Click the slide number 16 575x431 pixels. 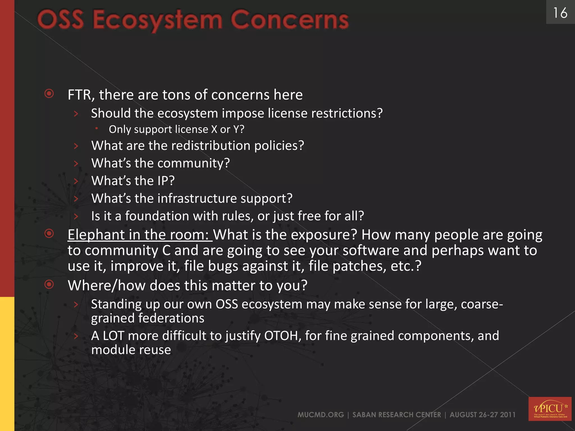click(560, 13)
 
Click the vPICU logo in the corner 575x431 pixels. click(550, 409)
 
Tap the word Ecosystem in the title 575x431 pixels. click(157, 20)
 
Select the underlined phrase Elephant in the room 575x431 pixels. click(140, 235)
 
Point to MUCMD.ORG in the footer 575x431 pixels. click(321, 415)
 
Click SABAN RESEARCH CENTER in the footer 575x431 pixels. click(396, 415)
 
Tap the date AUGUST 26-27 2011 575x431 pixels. click(482, 415)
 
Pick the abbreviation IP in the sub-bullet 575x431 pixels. click(163, 181)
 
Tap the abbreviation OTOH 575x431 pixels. click(281, 336)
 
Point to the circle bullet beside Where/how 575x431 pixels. click(49, 285)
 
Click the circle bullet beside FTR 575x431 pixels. click(49, 93)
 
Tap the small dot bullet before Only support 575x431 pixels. click(96, 128)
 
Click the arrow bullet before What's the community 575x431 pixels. click(76, 163)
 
